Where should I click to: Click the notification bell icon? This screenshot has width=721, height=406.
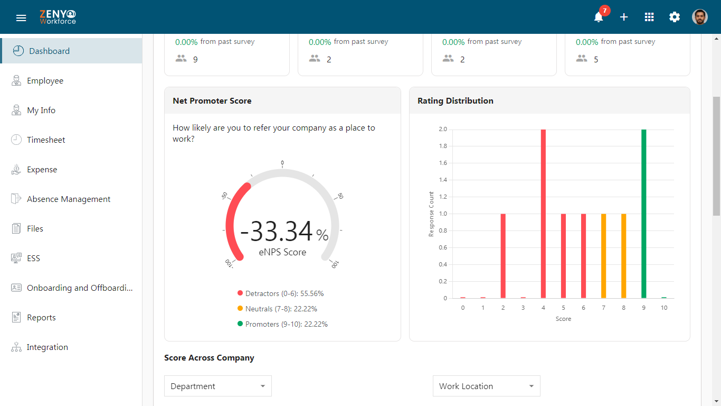click(x=599, y=17)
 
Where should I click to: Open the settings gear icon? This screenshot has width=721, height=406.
click(x=675, y=17)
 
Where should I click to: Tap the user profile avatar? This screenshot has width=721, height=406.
click(x=700, y=17)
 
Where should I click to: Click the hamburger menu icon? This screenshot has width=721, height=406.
click(x=21, y=18)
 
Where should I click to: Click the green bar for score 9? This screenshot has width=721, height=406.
click(x=644, y=214)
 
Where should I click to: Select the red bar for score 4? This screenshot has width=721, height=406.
click(x=543, y=214)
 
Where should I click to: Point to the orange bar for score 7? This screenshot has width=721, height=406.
click(x=603, y=256)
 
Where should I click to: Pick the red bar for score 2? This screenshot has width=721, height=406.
click(x=503, y=256)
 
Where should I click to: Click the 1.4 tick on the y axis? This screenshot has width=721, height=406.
click(x=443, y=180)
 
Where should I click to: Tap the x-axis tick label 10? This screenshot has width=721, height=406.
click(x=664, y=308)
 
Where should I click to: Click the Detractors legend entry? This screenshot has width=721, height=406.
click(x=280, y=293)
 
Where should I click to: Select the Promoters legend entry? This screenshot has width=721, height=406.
click(x=282, y=324)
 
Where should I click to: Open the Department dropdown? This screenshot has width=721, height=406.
click(x=218, y=386)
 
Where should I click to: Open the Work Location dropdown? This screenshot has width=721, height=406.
click(x=486, y=386)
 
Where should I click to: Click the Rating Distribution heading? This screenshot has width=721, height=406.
click(x=455, y=100)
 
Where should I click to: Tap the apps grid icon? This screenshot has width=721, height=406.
click(x=649, y=17)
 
